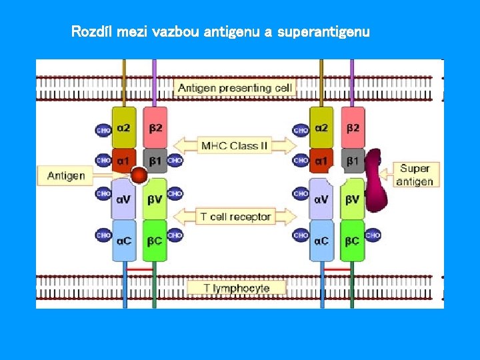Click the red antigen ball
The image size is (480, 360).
pos(139,176)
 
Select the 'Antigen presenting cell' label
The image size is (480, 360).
pos(235,87)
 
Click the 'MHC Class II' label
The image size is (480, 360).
pos(235,145)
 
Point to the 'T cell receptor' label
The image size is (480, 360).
pos(235,217)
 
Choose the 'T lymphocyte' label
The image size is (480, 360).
pos(237,288)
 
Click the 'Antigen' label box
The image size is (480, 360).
pos(66,176)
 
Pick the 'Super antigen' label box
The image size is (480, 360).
pos(416,175)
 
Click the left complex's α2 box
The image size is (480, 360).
pos(123,127)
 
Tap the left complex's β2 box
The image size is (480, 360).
pos(155,127)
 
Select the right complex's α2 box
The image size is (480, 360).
pos(321,127)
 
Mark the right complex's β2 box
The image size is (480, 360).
pos(353,127)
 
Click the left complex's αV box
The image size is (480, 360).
pos(123,199)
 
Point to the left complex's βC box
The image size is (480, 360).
pos(155,240)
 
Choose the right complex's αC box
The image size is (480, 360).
pos(321,240)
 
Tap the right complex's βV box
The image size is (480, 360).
pos(353,199)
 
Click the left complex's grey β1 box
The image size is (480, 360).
pos(155,161)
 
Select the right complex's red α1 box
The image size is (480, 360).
pos(321,161)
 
